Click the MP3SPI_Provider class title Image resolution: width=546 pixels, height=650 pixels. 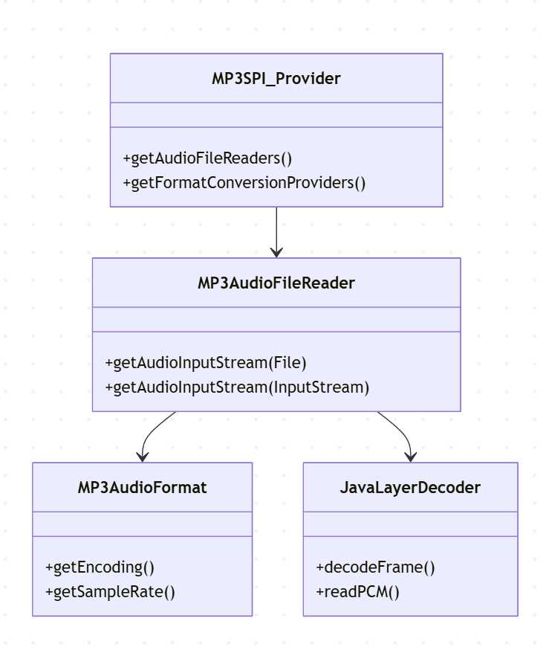point(276,78)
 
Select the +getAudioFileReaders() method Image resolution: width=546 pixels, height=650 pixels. point(208,158)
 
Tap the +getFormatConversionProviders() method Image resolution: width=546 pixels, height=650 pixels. point(244,183)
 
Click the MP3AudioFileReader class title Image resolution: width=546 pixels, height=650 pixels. point(276,283)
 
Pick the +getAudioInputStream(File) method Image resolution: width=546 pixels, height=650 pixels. point(206,363)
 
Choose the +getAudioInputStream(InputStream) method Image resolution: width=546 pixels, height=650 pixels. point(237,387)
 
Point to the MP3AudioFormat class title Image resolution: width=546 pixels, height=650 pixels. point(142,487)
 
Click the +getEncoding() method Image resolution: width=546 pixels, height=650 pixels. point(100,567)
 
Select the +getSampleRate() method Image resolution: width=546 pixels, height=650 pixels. point(110,592)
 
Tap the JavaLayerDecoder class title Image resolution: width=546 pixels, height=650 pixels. point(410,487)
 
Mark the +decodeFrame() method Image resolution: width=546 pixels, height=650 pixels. point(375,567)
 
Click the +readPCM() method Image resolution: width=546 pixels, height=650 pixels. point(357,592)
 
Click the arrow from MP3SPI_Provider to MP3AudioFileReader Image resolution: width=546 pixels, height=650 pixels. point(276,231)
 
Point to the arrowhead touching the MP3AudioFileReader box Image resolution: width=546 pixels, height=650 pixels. point(276,253)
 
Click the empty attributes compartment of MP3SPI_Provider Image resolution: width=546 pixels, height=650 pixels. point(276,115)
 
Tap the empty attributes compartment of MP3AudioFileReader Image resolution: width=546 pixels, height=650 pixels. point(276,319)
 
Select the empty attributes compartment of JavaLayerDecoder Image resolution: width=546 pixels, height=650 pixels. point(410,524)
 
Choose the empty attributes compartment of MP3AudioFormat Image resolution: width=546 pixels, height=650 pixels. point(142,524)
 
